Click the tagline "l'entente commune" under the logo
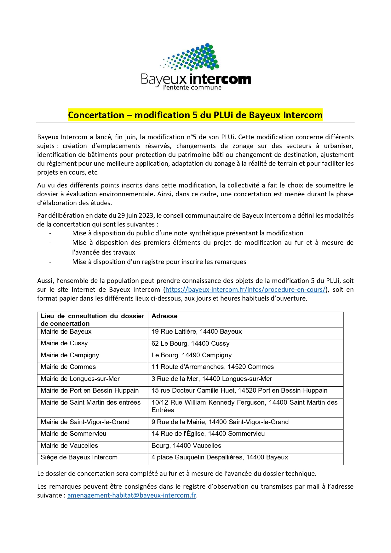[192, 88]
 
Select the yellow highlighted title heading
[195, 115]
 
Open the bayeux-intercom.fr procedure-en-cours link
[245, 290]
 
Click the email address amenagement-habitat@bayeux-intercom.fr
[132, 495]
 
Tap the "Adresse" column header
[164, 316]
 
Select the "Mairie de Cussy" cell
[64, 343]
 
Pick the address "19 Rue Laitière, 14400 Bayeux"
[197, 331]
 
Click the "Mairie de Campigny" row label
[70, 355]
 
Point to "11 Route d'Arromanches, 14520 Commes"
[213, 367]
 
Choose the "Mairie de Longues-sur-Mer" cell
[80, 379]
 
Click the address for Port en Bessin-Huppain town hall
[239, 390]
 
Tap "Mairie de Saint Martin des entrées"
[91, 402]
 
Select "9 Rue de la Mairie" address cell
[220, 422]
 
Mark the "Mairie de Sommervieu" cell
[73, 434]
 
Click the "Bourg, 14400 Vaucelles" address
[186, 446]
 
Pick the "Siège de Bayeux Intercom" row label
[79, 457]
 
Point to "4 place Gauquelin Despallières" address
[220, 457]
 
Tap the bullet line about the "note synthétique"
[187, 233]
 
